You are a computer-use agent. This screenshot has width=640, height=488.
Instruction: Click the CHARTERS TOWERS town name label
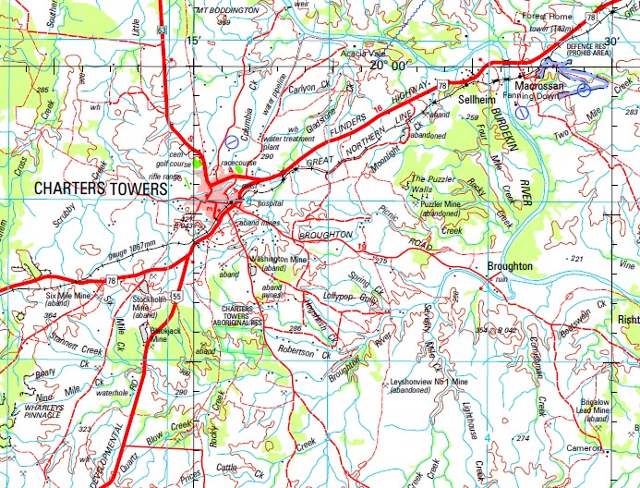click(101, 189)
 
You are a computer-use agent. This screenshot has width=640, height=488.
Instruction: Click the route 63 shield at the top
click(163, 30)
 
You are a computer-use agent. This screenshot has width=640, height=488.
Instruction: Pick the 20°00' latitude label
click(387, 66)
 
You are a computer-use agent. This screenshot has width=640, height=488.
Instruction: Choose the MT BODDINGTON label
click(226, 8)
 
